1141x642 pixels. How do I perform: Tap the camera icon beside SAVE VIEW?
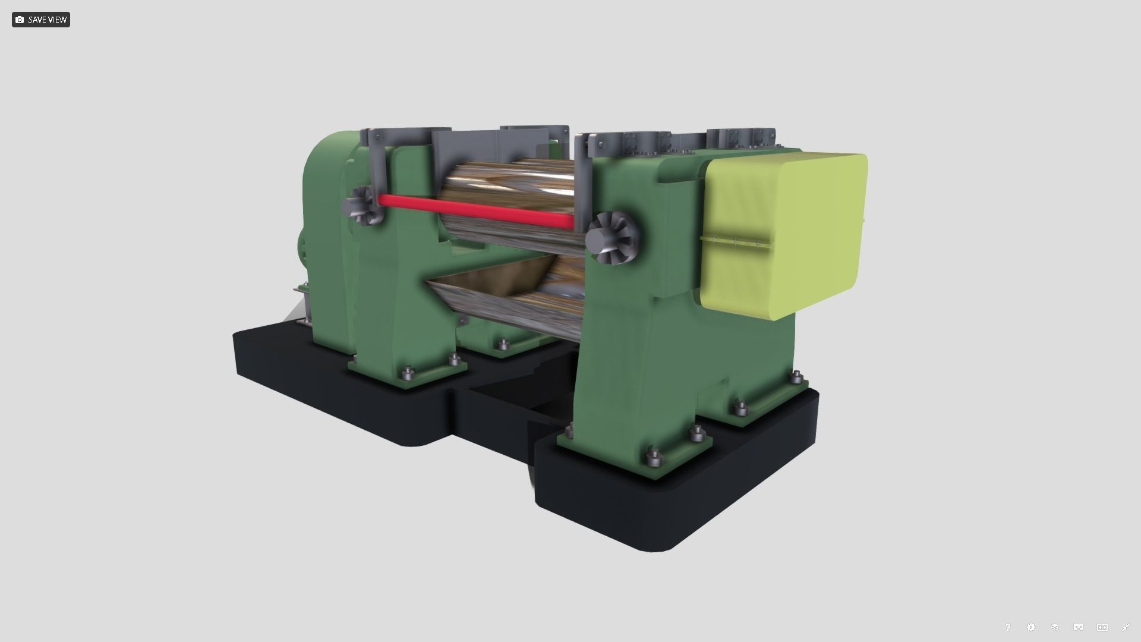tap(20, 20)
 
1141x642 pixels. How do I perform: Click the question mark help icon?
tap(1007, 627)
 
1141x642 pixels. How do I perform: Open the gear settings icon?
tap(1031, 627)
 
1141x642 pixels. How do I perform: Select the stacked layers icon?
tap(1055, 627)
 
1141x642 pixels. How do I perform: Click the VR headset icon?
tap(1079, 627)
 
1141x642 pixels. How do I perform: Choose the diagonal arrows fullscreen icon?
tap(1126, 627)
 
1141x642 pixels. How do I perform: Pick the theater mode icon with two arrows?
tap(1102, 627)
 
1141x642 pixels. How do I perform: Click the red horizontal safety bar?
tap(475, 210)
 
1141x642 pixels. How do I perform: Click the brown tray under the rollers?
tap(475, 285)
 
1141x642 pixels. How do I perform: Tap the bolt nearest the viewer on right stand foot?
tap(654, 458)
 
